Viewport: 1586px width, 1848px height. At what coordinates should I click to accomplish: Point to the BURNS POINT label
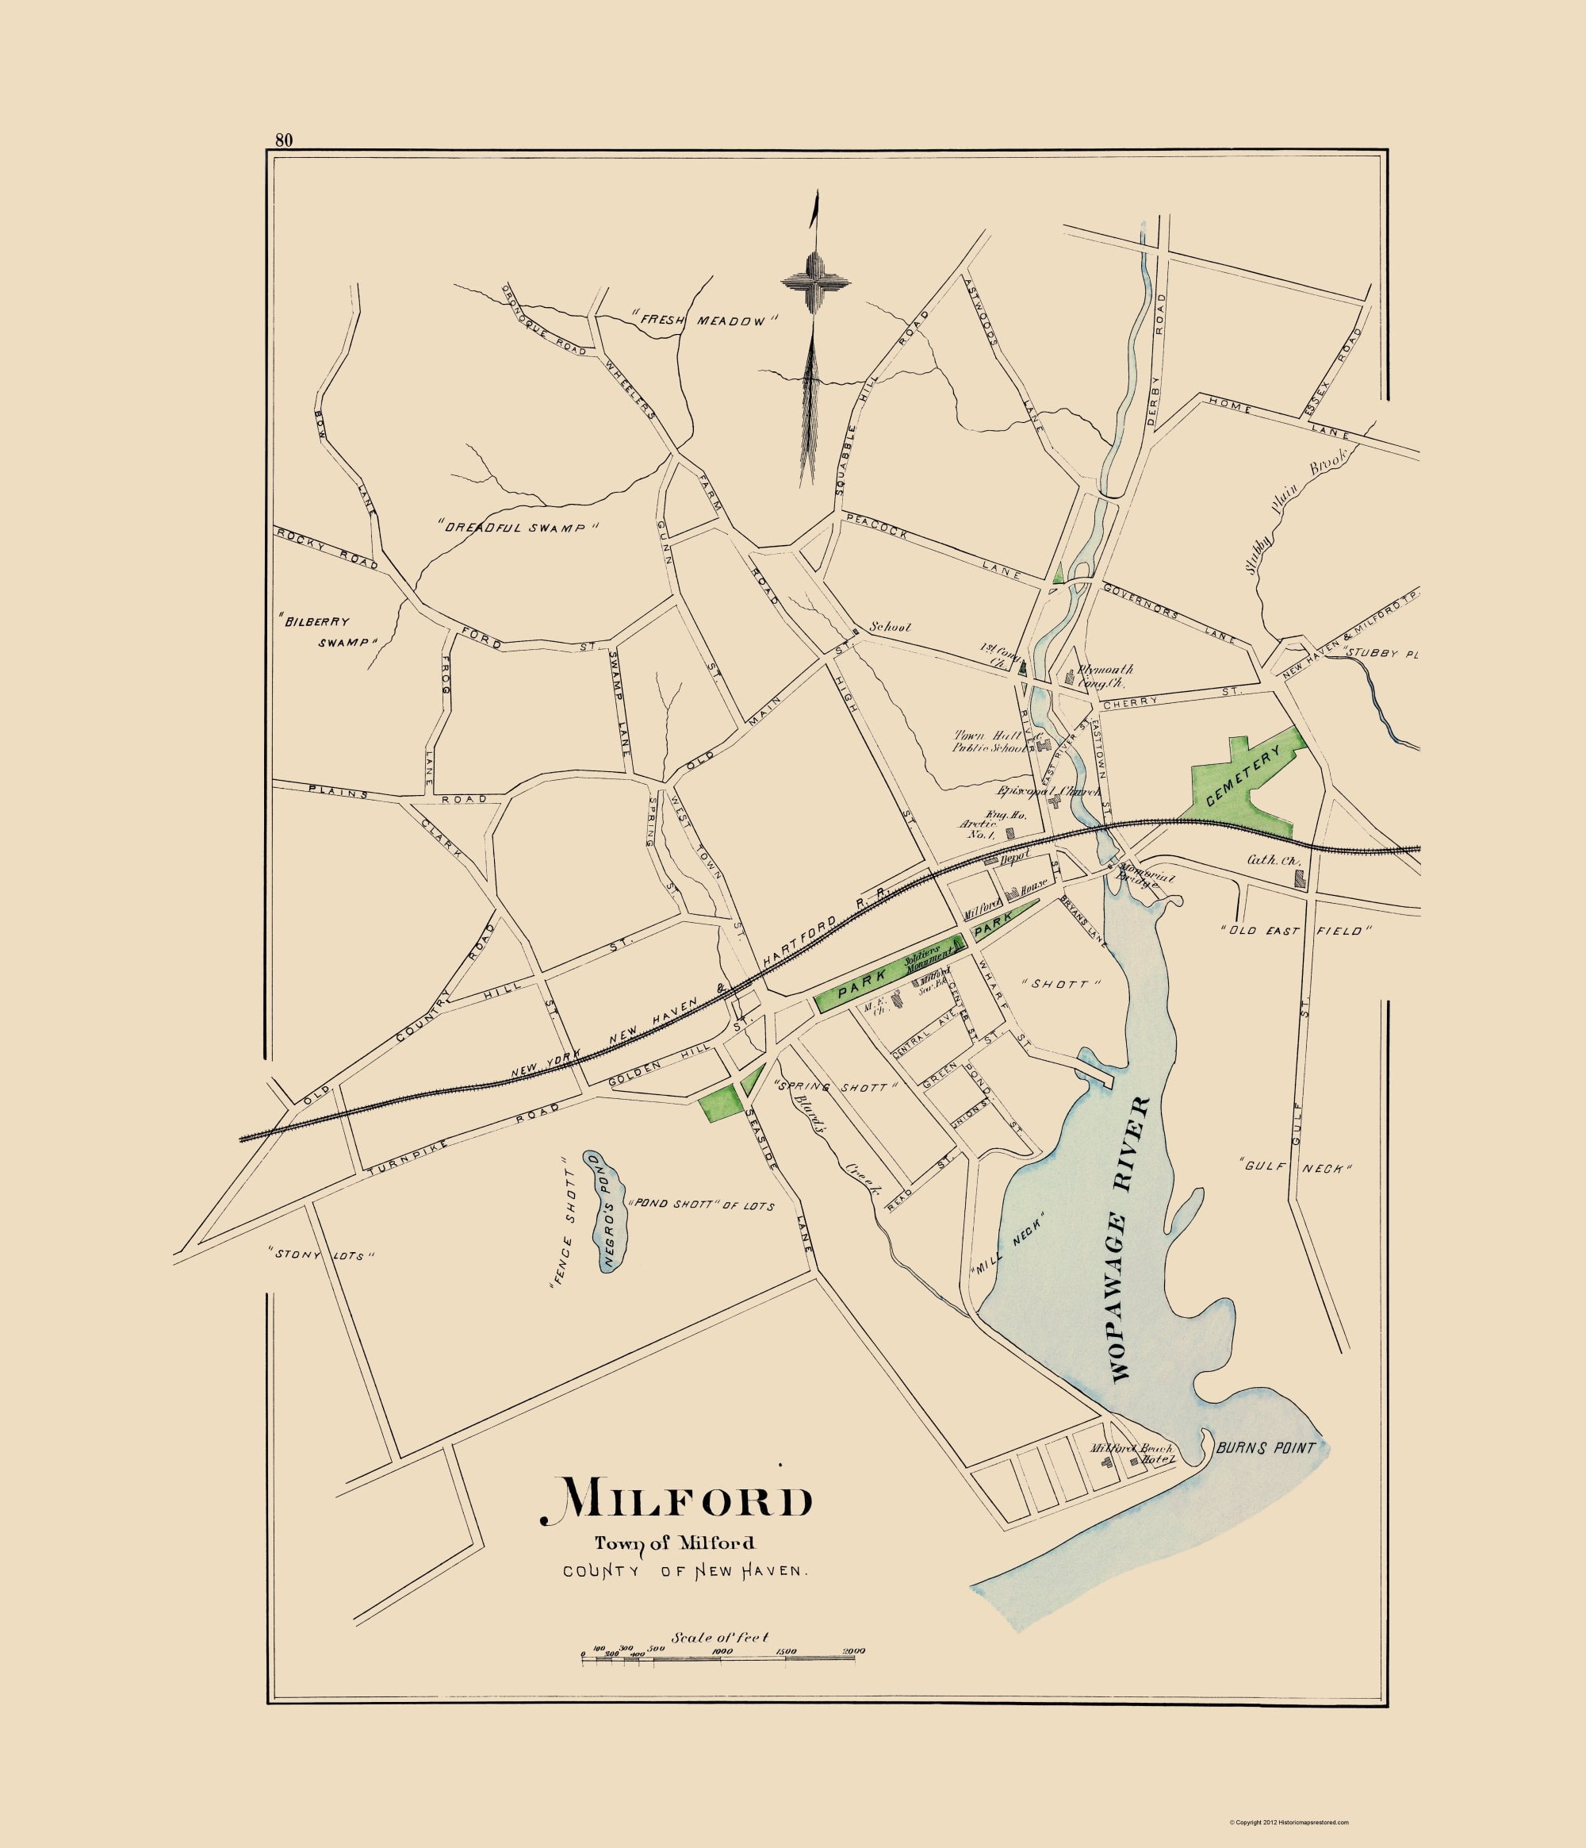click(1265, 1448)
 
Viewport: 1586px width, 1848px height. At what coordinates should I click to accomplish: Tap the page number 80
click(284, 139)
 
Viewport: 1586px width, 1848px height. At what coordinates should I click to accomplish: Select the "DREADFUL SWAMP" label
click(518, 527)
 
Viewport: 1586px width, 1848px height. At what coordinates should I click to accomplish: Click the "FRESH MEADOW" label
click(705, 321)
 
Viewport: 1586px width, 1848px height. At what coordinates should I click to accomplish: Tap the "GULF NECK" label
click(1297, 1167)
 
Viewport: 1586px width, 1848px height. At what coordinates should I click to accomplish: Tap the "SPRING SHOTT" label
click(834, 1087)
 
